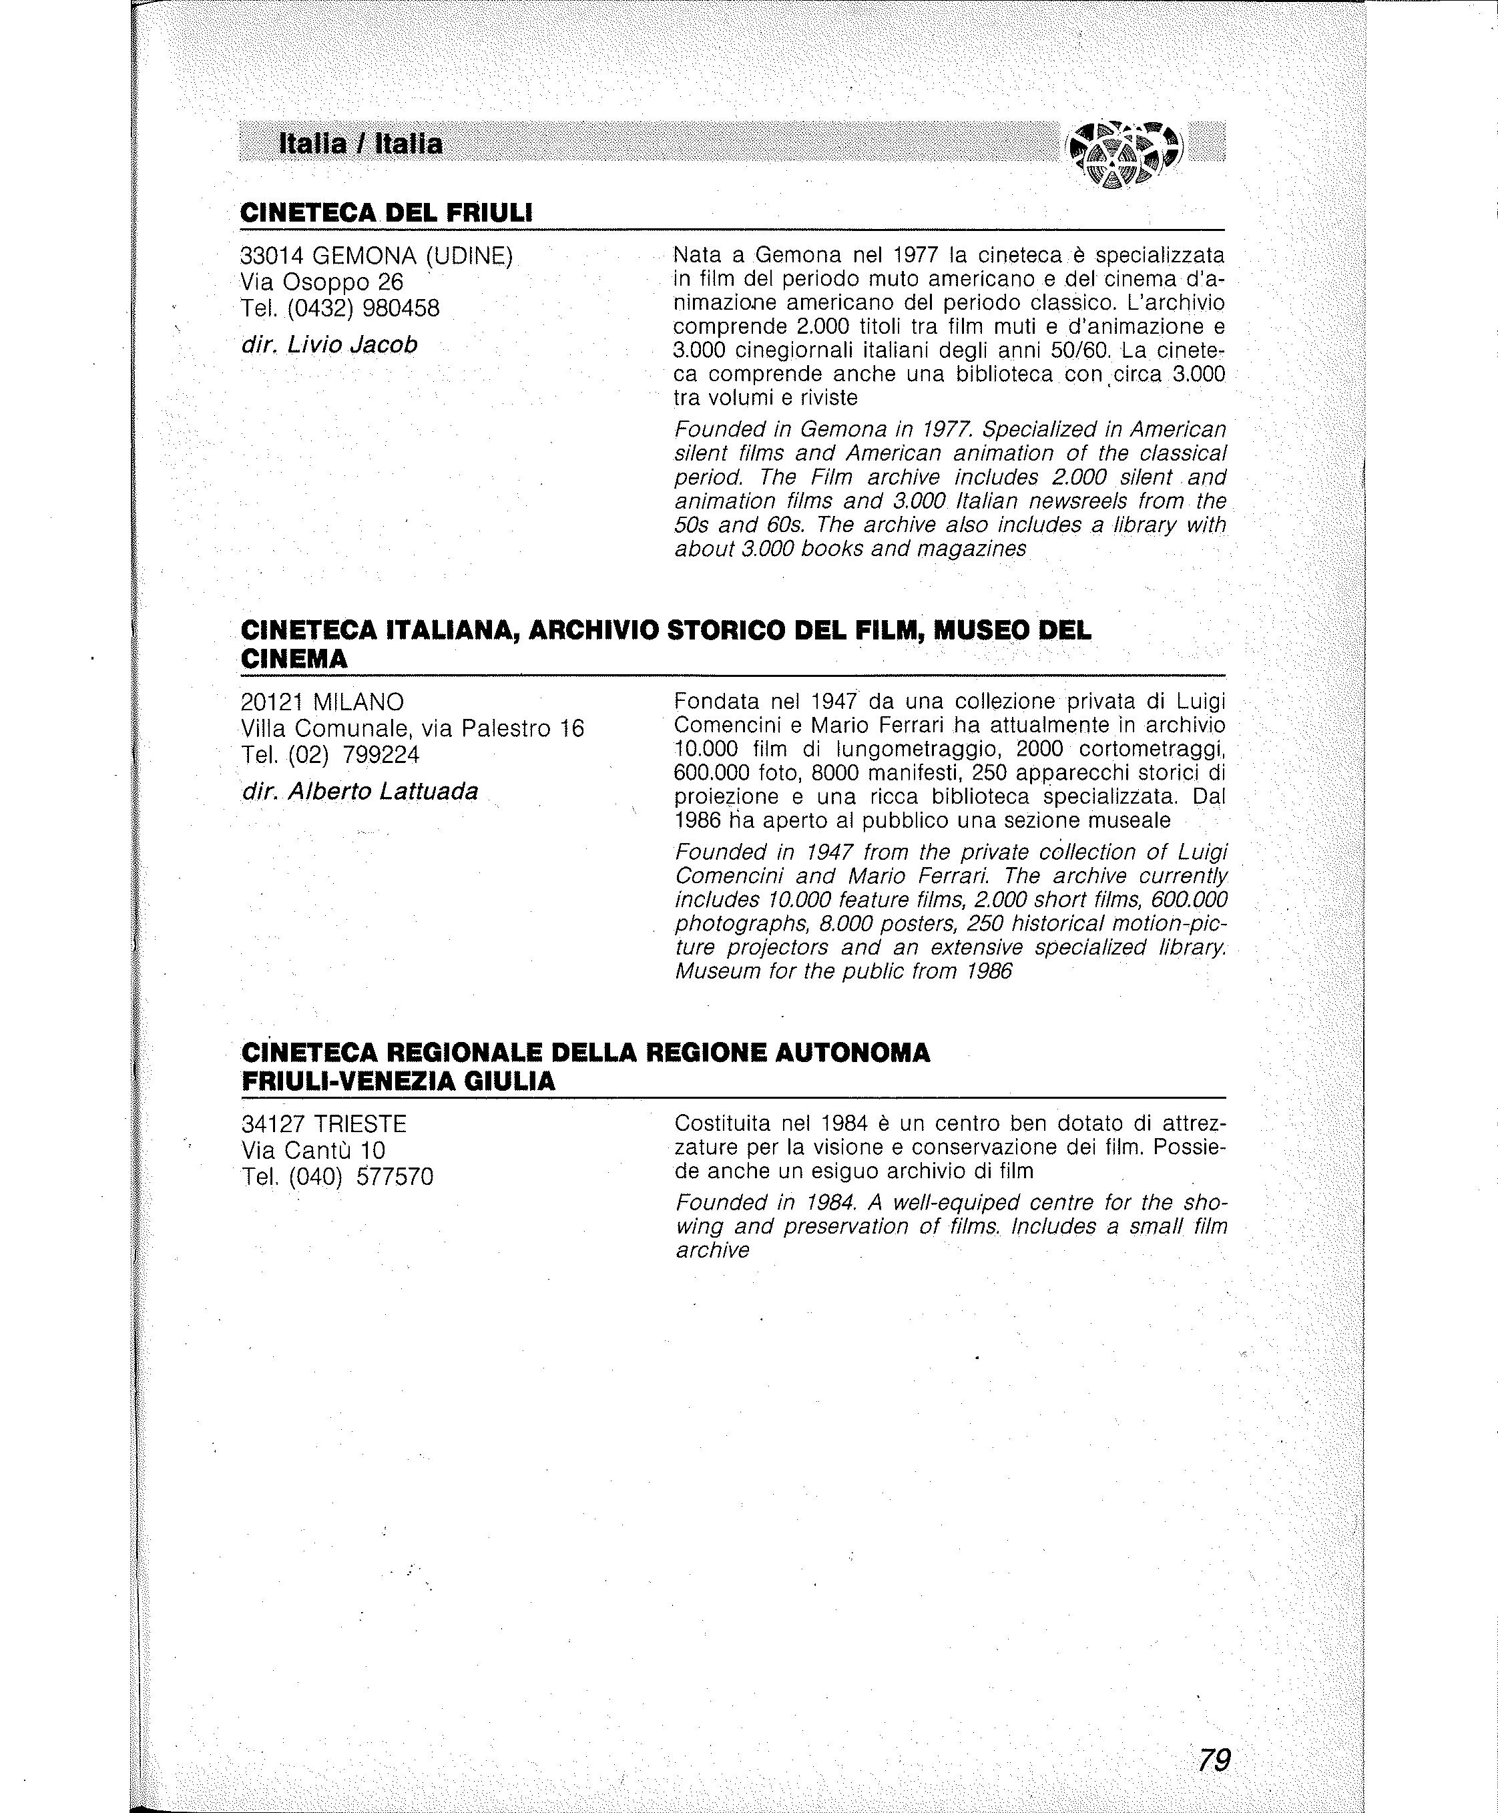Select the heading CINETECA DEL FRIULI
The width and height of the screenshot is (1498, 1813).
tap(386, 212)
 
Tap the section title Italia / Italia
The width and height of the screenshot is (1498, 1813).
tap(360, 144)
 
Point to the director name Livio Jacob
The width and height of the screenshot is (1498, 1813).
tap(352, 345)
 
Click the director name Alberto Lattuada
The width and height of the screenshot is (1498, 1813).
tap(383, 791)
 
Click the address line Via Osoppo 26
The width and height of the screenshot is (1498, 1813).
tap(322, 282)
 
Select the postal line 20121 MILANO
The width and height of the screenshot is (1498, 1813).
tap(322, 702)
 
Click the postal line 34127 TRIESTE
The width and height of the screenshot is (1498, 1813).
tap(324, 1124)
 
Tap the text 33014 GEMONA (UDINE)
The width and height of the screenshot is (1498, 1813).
tap(377, 256)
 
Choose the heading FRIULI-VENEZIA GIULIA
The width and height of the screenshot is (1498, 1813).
tap(399, 1081)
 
